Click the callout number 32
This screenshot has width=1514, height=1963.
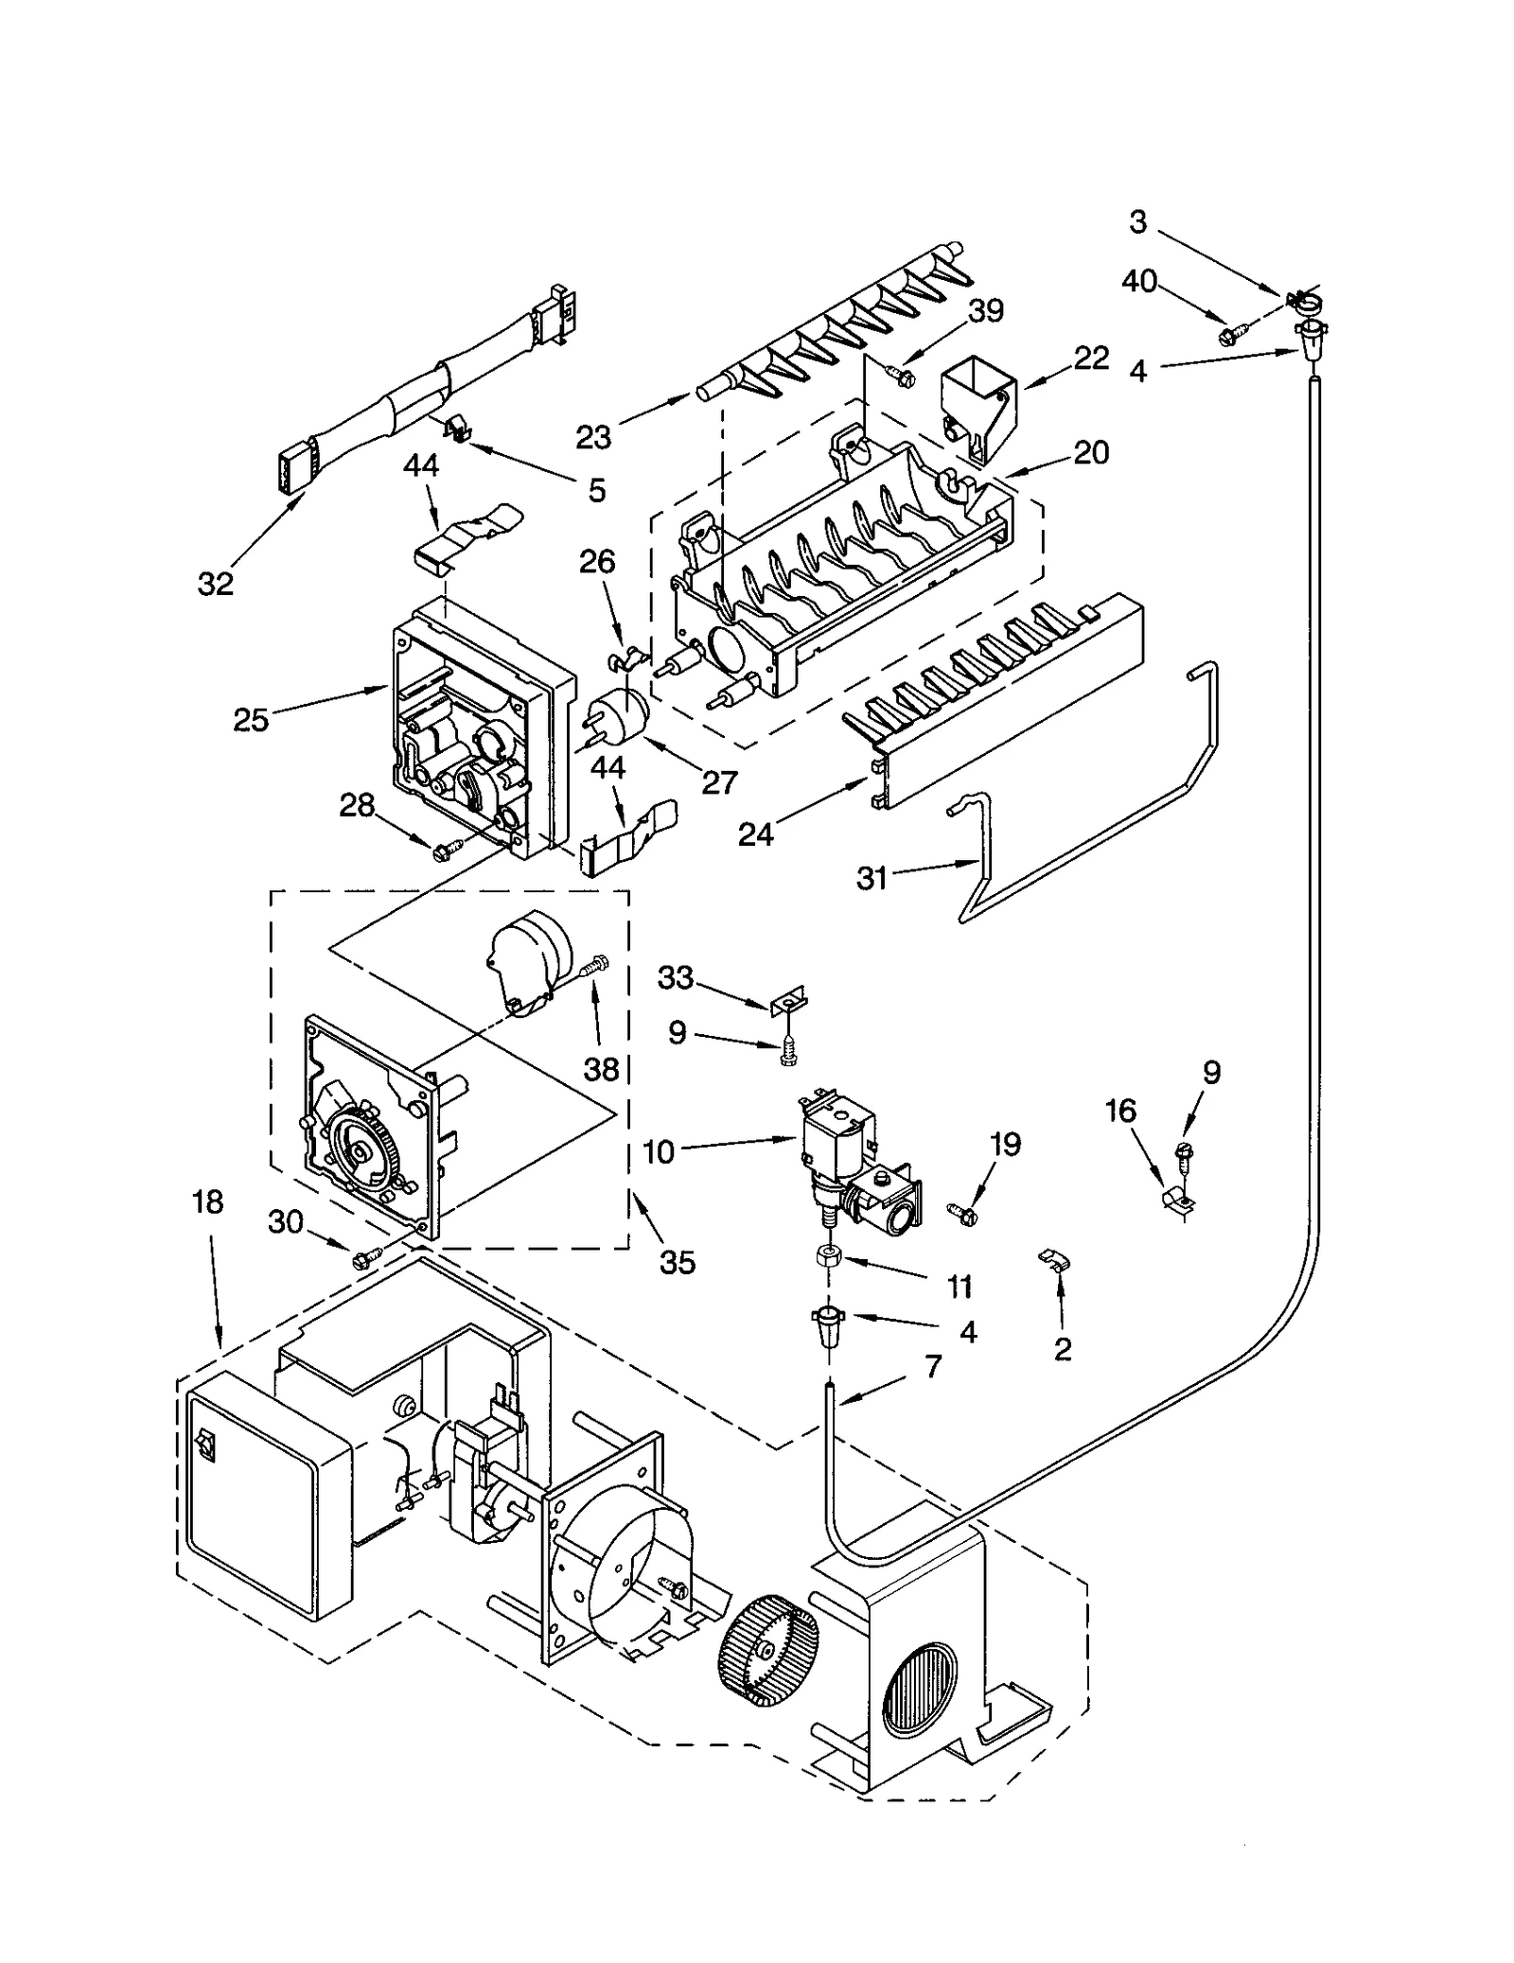(x=215, y=584)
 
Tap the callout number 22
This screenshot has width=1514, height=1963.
(x=1091, y=358)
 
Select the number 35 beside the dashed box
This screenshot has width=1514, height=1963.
(x=678, y=1262)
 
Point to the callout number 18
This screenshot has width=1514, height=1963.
(x=207, y=1201)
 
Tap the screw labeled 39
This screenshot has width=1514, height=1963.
(x=901, y=375)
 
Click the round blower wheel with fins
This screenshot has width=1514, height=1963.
(x=768, y=1646)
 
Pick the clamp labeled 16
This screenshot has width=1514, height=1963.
(x=1177, y=1200)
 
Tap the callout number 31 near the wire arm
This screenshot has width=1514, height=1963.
(x=871, y=879)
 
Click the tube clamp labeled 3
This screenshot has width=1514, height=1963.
(x=1302, y=303)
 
